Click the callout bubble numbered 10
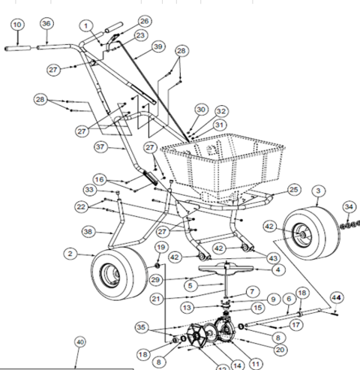point(17,25)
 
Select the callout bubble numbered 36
point(46,23)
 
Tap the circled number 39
point(158,47)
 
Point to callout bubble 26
point(145,21)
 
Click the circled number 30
point(201,110)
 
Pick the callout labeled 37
point(100,147)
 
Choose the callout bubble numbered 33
point(89,190)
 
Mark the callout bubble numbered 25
point(294,190)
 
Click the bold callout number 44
point(337,298)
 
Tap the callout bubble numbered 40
point(80,342)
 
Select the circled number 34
point(349,206)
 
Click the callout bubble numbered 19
point(161,248)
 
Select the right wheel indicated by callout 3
point(312,233)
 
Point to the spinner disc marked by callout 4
point(226,269)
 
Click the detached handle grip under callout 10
point(17,48)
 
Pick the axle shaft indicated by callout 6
point(283,317)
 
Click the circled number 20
point(280,350)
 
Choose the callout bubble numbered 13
point(187,308)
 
